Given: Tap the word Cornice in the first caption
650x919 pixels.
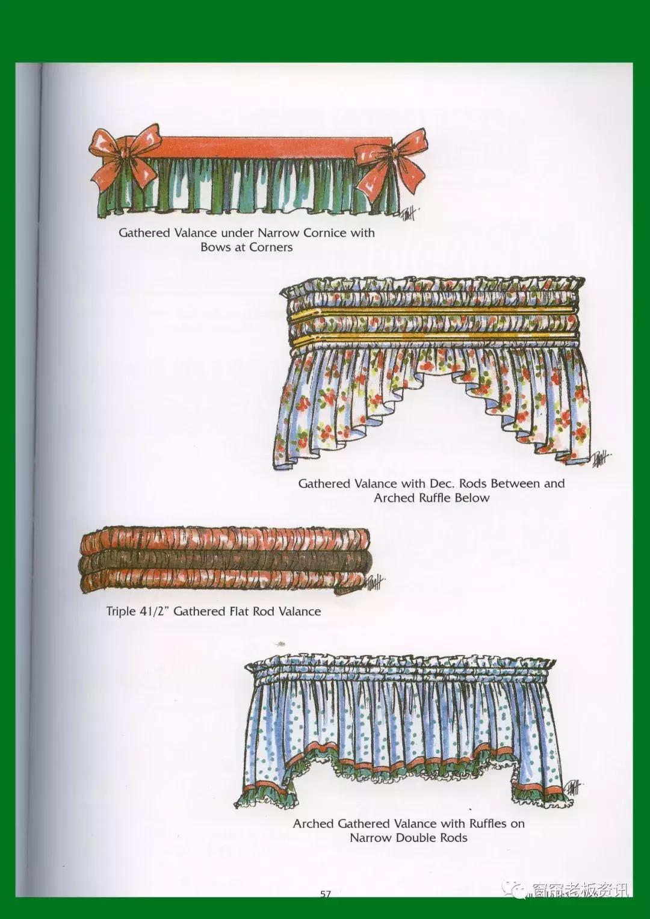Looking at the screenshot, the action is click(325, 233).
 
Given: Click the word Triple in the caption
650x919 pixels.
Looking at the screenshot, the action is click(120, 611).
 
